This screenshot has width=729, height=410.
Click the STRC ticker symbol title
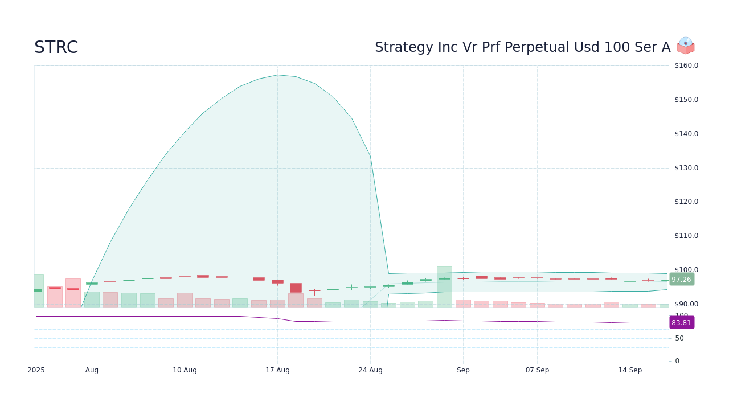(56, 47)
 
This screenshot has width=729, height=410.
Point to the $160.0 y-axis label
(686, 65)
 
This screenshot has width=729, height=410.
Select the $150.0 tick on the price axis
(686, 100)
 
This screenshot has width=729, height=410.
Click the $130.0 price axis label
(686, 168)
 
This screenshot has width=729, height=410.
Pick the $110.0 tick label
(686, 236)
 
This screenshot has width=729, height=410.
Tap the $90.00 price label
(686, 304)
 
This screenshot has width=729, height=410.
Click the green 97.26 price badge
(682, 280)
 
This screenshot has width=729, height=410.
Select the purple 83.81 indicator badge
(682, 322)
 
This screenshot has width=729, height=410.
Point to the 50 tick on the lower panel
(679, 338)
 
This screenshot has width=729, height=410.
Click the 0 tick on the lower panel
(677, 361)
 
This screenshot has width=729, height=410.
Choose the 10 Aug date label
(185, 370)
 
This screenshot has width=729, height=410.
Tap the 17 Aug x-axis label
(277, 370)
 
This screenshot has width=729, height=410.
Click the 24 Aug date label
(370, 370)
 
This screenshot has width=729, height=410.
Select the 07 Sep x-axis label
(537, 370)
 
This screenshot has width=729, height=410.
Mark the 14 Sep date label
(630, 370)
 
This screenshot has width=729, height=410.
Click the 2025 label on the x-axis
(36, 370)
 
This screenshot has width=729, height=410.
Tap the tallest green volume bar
(444, 286)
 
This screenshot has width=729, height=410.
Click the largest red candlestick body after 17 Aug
(296, 288)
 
